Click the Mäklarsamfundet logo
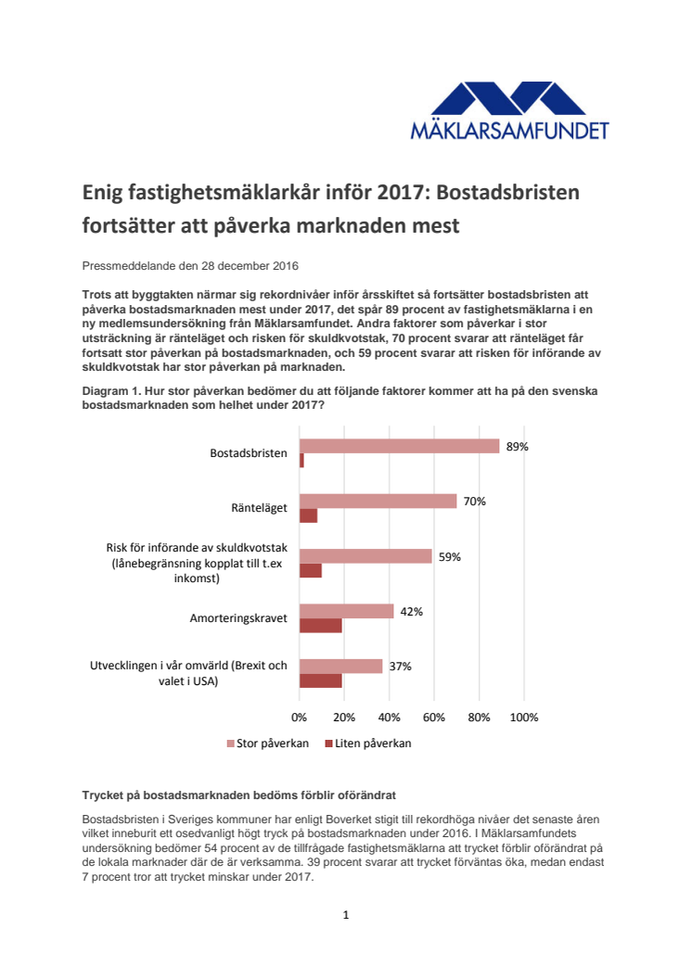(x=509, y=110)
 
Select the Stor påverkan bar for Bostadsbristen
(x=399, y=446)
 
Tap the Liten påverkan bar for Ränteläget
(x=308, y=515)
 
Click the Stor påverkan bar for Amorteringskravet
(x=346, y=611)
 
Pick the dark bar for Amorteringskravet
(x=320, y=626)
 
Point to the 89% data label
(x=517, y=446)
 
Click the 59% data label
(x=449, y=557)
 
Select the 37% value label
(x=400, y=667)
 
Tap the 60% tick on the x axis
(x=434, y=718)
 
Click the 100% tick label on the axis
(x=524, y=718)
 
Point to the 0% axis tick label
(x=300, y=718)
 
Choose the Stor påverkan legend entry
(x=268, y=744)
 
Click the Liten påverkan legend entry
(x=367, y=744)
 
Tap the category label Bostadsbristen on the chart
(x=249, y=453)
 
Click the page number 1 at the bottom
(x=346, y=915)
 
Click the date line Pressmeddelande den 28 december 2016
(x=190, y=266)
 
